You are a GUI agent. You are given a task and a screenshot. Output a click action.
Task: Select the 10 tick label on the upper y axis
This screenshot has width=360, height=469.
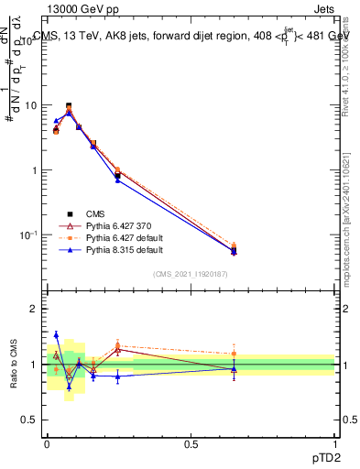(x=30, y=105)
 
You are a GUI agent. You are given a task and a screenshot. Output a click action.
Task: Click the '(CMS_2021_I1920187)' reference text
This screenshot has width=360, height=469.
(x=191, y=274)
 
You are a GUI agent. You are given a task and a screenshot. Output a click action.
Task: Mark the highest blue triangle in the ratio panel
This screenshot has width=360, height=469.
(x=56, y=334)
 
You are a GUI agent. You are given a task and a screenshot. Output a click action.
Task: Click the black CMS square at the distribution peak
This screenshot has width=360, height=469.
(x=69, y=105)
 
